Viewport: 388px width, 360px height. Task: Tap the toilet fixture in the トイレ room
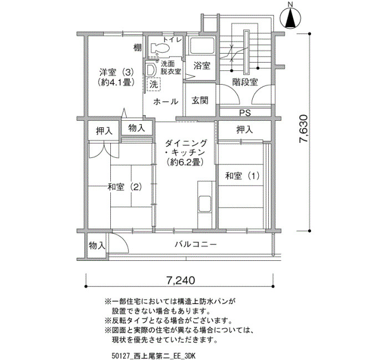160,48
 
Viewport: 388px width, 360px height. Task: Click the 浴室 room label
202,65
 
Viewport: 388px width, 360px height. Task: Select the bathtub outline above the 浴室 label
201,46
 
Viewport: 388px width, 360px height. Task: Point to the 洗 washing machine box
154,84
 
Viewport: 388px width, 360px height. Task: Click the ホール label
166,101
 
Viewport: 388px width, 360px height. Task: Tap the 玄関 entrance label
200,100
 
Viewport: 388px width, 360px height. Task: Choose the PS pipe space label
245,113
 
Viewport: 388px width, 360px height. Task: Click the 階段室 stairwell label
245,82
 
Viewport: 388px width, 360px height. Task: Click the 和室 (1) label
242,176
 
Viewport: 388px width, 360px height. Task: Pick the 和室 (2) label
125,187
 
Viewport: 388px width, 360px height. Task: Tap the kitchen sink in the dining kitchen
205,203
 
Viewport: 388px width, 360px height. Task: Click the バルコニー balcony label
196,245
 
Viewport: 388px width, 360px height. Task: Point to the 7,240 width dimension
180,280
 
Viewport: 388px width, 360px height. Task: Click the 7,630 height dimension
303,128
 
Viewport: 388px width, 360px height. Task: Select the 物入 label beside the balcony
97,246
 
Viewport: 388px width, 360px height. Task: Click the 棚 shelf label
137,47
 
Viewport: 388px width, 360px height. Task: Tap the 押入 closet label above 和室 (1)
244,130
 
